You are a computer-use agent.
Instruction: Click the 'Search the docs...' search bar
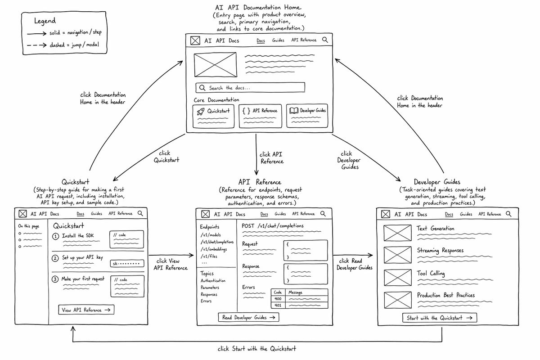(250, 88)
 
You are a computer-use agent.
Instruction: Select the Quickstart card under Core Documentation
(213, 116)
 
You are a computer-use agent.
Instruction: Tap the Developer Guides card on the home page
(307, 116)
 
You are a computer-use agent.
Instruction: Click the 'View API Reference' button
(86, 310)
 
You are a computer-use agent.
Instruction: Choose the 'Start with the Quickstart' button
(440, 318)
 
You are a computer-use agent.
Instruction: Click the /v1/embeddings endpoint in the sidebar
(214, 249)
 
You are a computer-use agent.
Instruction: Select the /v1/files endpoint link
(209, 256)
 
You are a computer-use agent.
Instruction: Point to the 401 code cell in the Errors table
(278, 305)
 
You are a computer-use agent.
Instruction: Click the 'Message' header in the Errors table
(295, 292)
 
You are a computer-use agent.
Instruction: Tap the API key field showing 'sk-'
(127, 263)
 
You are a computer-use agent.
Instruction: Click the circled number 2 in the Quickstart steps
(55, 258)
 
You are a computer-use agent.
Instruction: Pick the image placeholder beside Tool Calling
(397, 277)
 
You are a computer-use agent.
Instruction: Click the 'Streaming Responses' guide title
(440, 251)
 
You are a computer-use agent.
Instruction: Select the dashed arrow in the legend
(36, 45)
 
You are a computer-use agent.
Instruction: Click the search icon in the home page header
(325, 40)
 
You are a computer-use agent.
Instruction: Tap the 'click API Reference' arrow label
(271, 158)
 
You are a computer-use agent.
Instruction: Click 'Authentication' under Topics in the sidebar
(213, 281)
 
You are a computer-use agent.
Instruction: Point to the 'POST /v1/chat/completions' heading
(273, 226)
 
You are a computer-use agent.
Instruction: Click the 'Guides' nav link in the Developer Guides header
(466, 214)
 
